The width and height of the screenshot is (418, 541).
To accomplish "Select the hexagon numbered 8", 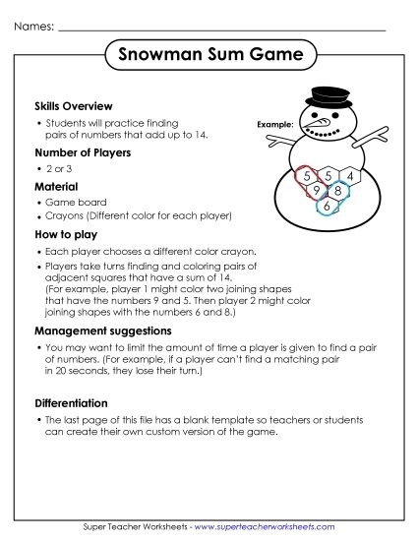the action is coord(337,190).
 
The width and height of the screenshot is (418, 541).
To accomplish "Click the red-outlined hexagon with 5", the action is coord(308,176).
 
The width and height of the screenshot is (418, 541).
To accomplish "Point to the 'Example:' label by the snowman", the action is coord(274,125).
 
